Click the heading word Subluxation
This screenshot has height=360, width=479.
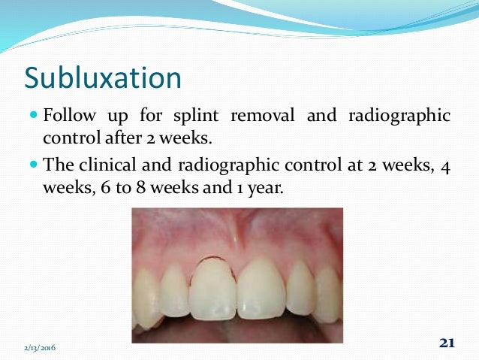(103, 78)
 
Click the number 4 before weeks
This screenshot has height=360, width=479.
(445, 165)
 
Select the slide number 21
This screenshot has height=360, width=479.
(447, 343)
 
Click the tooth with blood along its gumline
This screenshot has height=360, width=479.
(212, 289)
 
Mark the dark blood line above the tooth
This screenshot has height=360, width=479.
(213, 259)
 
